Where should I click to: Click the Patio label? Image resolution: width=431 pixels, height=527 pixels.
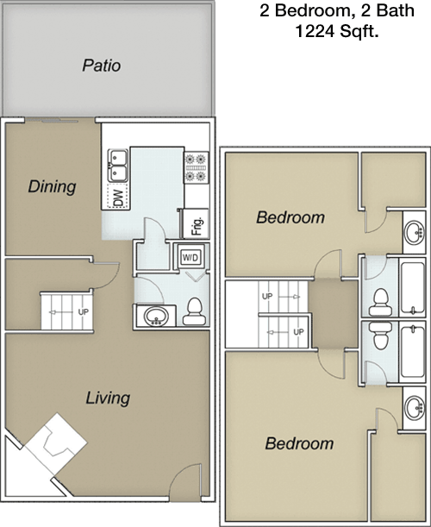click(102, 66)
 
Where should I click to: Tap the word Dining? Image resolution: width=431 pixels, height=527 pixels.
click(52, 186)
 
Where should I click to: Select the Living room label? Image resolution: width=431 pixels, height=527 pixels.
click(108, 398)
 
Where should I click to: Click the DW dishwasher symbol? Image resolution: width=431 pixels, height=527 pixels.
click(117, 197)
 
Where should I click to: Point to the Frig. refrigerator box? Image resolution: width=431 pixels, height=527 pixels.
click(196, 223)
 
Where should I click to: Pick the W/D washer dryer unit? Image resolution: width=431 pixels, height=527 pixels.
click(191, 257)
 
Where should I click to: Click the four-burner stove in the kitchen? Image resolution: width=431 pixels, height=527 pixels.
click(196, 167)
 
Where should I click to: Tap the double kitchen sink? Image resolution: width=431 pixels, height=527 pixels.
click(117, 166)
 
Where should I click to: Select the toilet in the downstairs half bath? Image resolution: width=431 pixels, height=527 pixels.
click(194, 311)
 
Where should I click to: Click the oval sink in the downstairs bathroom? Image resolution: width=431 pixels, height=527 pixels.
click(156, 317)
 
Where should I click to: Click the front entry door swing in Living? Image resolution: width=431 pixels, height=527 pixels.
click(185, 480)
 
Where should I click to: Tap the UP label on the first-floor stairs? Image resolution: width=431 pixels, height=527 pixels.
click(83, 312)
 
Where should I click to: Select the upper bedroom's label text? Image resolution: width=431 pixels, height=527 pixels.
click(290, 217)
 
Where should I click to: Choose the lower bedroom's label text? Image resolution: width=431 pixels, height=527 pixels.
click(299, 443)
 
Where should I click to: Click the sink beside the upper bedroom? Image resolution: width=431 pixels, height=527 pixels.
click(414, 232)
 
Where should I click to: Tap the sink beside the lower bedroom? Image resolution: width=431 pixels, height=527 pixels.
click(415, 408)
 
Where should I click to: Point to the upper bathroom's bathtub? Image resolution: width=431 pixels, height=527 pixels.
click(412, 288)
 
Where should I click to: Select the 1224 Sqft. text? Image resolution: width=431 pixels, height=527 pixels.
click(337, 32)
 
